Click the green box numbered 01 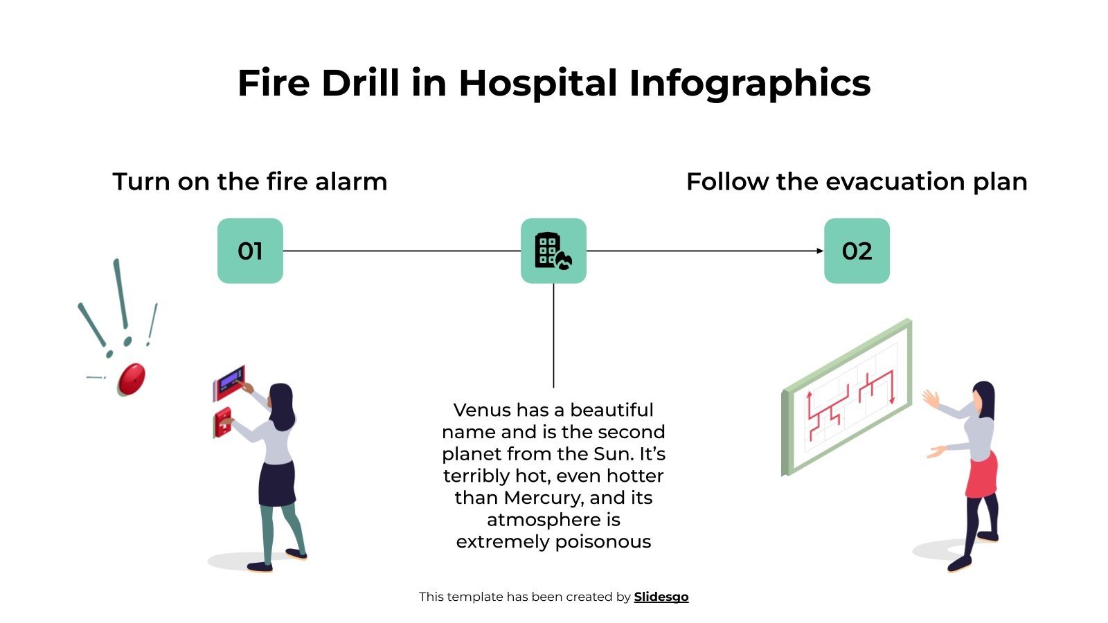coord(250,251)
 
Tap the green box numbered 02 coord(857,251)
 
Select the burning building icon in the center coord(553,251)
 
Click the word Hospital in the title coord(537,83)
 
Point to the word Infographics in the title coord(749,83)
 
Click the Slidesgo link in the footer coord(661,597)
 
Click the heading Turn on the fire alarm coord(250,181)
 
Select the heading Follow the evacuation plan coord(857,181)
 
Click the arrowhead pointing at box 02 coord(820,251)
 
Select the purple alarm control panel coord(229,381)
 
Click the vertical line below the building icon coord(553,336)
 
